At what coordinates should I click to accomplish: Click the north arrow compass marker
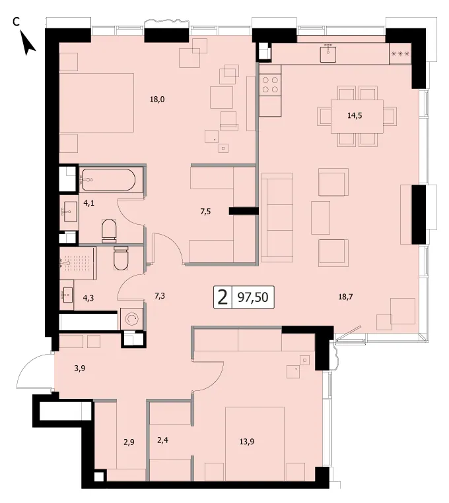click(28, 43)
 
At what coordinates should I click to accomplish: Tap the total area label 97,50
click(253, 297)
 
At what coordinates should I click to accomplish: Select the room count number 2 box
click(223, 297)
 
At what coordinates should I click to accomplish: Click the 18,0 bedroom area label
click(157, 100)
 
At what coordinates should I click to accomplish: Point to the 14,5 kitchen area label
click(355, 115)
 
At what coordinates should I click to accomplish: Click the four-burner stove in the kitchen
click(270, 84)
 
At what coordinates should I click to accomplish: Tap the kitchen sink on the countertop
click(328, 53)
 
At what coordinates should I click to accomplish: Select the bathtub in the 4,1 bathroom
click(111, 179)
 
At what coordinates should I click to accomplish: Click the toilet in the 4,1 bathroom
click(109, 231)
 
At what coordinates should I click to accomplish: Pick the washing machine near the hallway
click(132, 318)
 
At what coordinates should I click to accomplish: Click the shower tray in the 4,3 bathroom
click(77, 264)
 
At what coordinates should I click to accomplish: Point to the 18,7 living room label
click(345, 297)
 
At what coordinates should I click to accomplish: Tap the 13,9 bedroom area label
click(247, 442)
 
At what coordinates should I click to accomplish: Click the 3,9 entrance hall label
click(80, 369)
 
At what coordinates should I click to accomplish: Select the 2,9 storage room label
click(129, 442)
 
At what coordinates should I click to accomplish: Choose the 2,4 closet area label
click(162, 440)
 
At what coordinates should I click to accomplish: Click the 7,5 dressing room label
click(206, 212)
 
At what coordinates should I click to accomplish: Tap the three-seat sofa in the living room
click(277, 218)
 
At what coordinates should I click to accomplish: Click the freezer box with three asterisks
click(400, 53)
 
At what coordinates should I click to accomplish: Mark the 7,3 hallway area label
click(160, 295)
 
